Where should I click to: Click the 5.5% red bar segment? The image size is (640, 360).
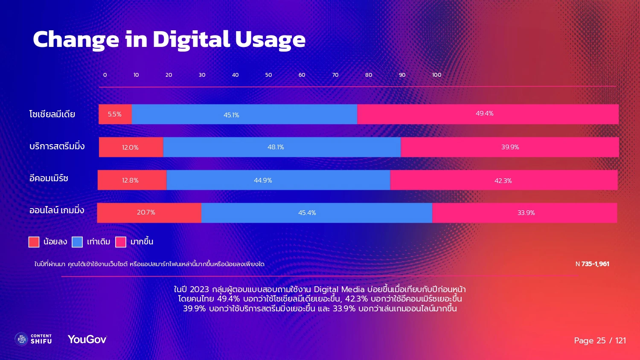pyautogui.click(x=115, y=114)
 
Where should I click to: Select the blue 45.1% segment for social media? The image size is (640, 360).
pyautogui.click(x=244, y=114)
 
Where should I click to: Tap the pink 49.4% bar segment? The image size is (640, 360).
pyautogui.click(x=488, y=114)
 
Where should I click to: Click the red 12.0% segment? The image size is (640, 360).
pyautogui.click(x=131, y=147)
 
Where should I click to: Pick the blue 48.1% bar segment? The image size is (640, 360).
pyautogui.click(x=282, y=147)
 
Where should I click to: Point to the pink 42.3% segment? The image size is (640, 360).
pyautogui.click(x=503, y=180)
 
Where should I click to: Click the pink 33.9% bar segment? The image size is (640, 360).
pyautogui.click(x=524, y=213)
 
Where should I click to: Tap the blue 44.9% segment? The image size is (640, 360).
pyautogui.click(x=278, y=180)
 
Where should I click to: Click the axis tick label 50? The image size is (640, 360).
pyautogui.click(x=268, y=75)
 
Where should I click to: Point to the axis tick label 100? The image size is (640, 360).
pyautogui.click(x=436, y=75)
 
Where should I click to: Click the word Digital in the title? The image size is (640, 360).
pyautogui.click(x=191, y=40)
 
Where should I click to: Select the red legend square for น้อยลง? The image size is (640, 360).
pyautogui.click(x=34, y=242)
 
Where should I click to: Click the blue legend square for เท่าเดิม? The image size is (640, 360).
pyautogui.click(x=77, y=242)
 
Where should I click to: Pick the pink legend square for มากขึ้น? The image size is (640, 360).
pyautogui.click(x=121, y=242)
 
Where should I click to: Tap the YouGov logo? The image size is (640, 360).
pyautogui.click(x=87, y=340)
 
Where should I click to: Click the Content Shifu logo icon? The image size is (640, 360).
pyautogui.click(x=21, y=339)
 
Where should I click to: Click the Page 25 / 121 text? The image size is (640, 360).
pyautogui.click(x=600, y=340)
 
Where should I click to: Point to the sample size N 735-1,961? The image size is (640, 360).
pyautogui.click(x=592, y=264)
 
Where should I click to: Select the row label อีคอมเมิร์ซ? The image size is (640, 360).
pyautogui.click(x=49, y=178)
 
